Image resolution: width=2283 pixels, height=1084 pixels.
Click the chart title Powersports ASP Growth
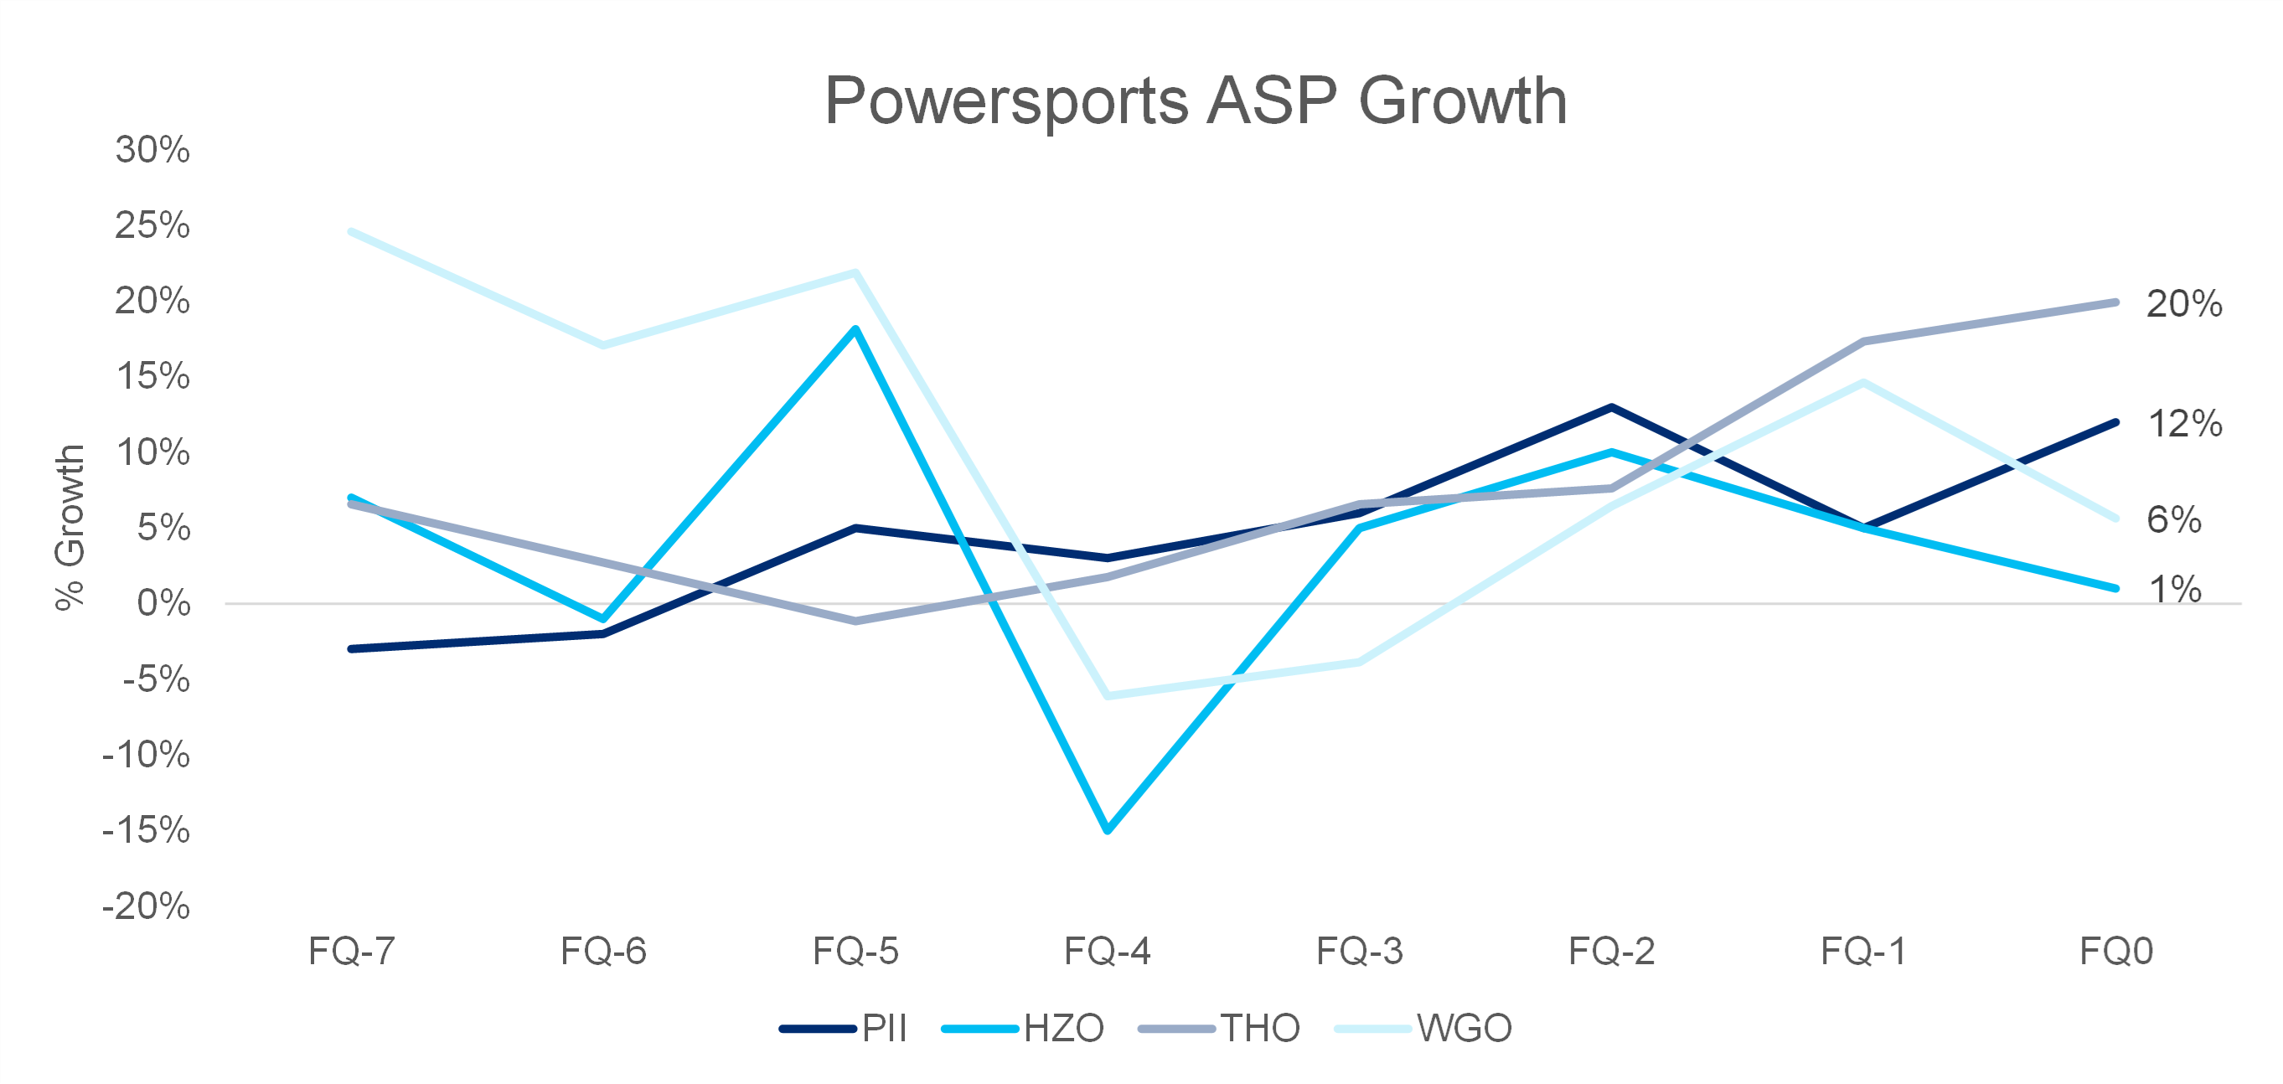click(x=1196, y=101)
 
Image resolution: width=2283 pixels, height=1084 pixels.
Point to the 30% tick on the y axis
click(x=152, y=150)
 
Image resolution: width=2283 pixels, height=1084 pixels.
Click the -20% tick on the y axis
click(x=147, y=906)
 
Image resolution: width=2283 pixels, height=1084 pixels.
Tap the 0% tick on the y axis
click(x=163, y=604)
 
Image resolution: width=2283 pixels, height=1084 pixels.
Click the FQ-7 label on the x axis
click(x=351, y=951)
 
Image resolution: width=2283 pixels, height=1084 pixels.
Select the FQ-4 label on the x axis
click(x=1107, y=951)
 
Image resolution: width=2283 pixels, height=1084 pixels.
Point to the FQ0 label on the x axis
click(x=2115, y=951)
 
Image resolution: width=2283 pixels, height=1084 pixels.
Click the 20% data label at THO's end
click(x=2184, y=304)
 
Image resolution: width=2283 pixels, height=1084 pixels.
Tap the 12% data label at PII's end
click(x=2185, y=424)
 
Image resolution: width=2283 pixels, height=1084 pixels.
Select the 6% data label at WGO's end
click(x=2173, y=519)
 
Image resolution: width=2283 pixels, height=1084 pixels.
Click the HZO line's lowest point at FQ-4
click(x=1108, y=829)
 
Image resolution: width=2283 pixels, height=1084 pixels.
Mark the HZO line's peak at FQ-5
click(x=855, y=330)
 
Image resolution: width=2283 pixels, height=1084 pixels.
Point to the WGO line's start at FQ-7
click(x=352, y=232)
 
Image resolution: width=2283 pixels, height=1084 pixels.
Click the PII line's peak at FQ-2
click(x=1611, y=408)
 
